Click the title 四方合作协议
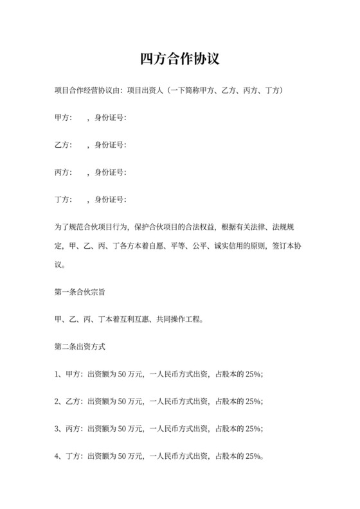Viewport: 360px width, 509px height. click(x=180, y=60)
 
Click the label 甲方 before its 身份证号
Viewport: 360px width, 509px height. click(x=64, y=118)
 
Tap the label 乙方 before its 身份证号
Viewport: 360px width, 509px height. click(x=64, y=145)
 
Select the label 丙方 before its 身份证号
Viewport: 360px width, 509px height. click(x=64, y=172)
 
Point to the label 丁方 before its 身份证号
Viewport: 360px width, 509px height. click(x=64, y=200)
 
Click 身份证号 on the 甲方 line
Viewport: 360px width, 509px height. click(x=110, y=118)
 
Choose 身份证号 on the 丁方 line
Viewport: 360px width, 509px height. click(x=110, y=200)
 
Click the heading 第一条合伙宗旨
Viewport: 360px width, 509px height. click(x=80, y=291)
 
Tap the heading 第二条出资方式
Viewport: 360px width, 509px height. click(x=80, y=346)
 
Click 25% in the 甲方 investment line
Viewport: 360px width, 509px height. click(x=251, y=374)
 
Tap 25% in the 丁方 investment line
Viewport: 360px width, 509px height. click(x=251, y=456)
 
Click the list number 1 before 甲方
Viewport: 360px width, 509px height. click(x=57, y=374)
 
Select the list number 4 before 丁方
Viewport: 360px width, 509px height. click(x=57, y=456)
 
